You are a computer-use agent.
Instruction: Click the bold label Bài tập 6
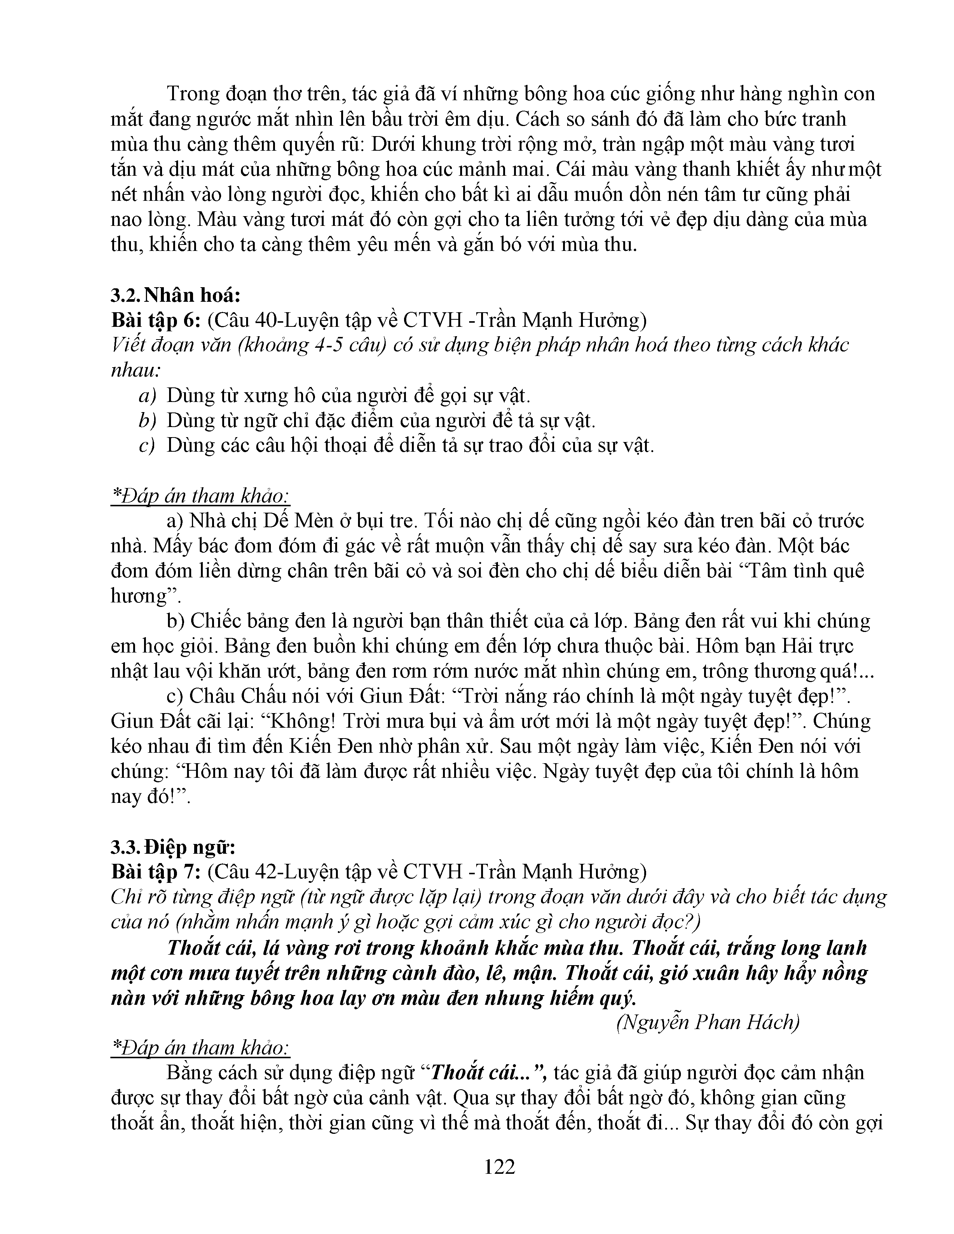click(x=155, y=320)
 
